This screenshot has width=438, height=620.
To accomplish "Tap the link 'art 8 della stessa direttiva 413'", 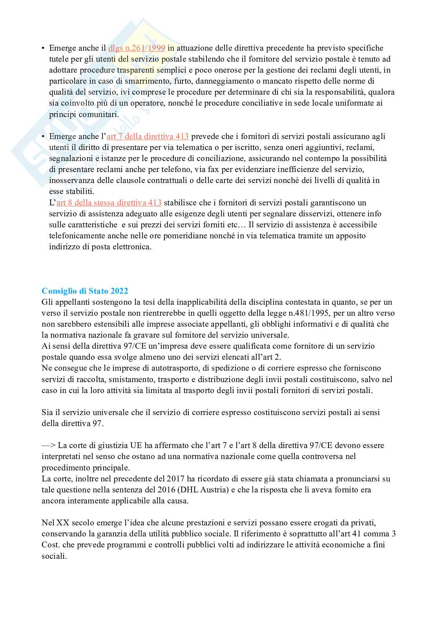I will tap(109, 203).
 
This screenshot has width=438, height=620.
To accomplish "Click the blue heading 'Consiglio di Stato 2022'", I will tap(85, 291).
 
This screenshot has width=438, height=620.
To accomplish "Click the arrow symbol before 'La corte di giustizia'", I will tap(49, 446).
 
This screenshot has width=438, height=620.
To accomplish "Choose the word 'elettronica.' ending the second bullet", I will tap(131, 247).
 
